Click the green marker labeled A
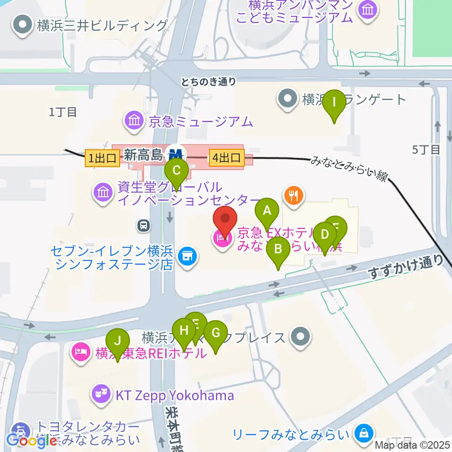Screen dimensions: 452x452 (267, 210)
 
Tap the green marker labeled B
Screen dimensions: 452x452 (278, 248)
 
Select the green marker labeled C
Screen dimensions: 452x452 (177, 169)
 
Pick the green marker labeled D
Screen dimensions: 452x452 (324, 234)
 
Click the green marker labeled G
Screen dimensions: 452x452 (216, 333)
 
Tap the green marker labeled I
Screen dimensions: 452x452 (334, 102)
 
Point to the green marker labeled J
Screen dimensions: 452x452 (118, 340)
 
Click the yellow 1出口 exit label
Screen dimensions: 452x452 (101, 157)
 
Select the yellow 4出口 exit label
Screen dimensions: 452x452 (227, 157)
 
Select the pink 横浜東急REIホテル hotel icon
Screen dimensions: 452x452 (81, 351)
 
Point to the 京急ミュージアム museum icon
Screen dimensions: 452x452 (134, 121)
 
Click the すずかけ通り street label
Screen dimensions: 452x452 (406, 266)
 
